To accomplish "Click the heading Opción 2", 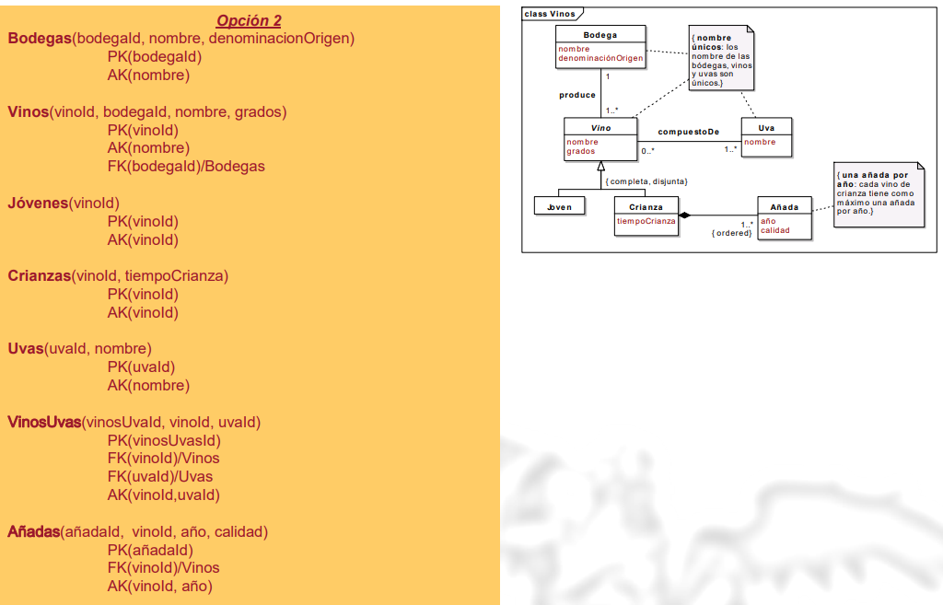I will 249,20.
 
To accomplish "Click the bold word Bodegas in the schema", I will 40,39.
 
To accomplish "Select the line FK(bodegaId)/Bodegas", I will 186,166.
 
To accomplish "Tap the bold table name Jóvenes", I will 38,203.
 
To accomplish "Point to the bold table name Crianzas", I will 40,275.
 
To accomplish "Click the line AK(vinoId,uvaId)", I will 164,494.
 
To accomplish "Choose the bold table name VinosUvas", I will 44,422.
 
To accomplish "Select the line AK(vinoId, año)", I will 159,586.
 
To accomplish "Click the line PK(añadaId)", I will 150,550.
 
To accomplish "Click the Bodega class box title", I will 600,35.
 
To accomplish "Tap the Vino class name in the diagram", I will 600,128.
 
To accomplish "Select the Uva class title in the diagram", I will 766,128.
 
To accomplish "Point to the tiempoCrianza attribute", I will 646,221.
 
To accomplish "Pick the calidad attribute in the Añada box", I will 774,230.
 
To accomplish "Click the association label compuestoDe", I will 688,132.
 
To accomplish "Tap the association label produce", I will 577,95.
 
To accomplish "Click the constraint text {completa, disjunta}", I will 646,181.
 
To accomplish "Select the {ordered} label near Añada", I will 732,233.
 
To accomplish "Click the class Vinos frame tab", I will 551,14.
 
